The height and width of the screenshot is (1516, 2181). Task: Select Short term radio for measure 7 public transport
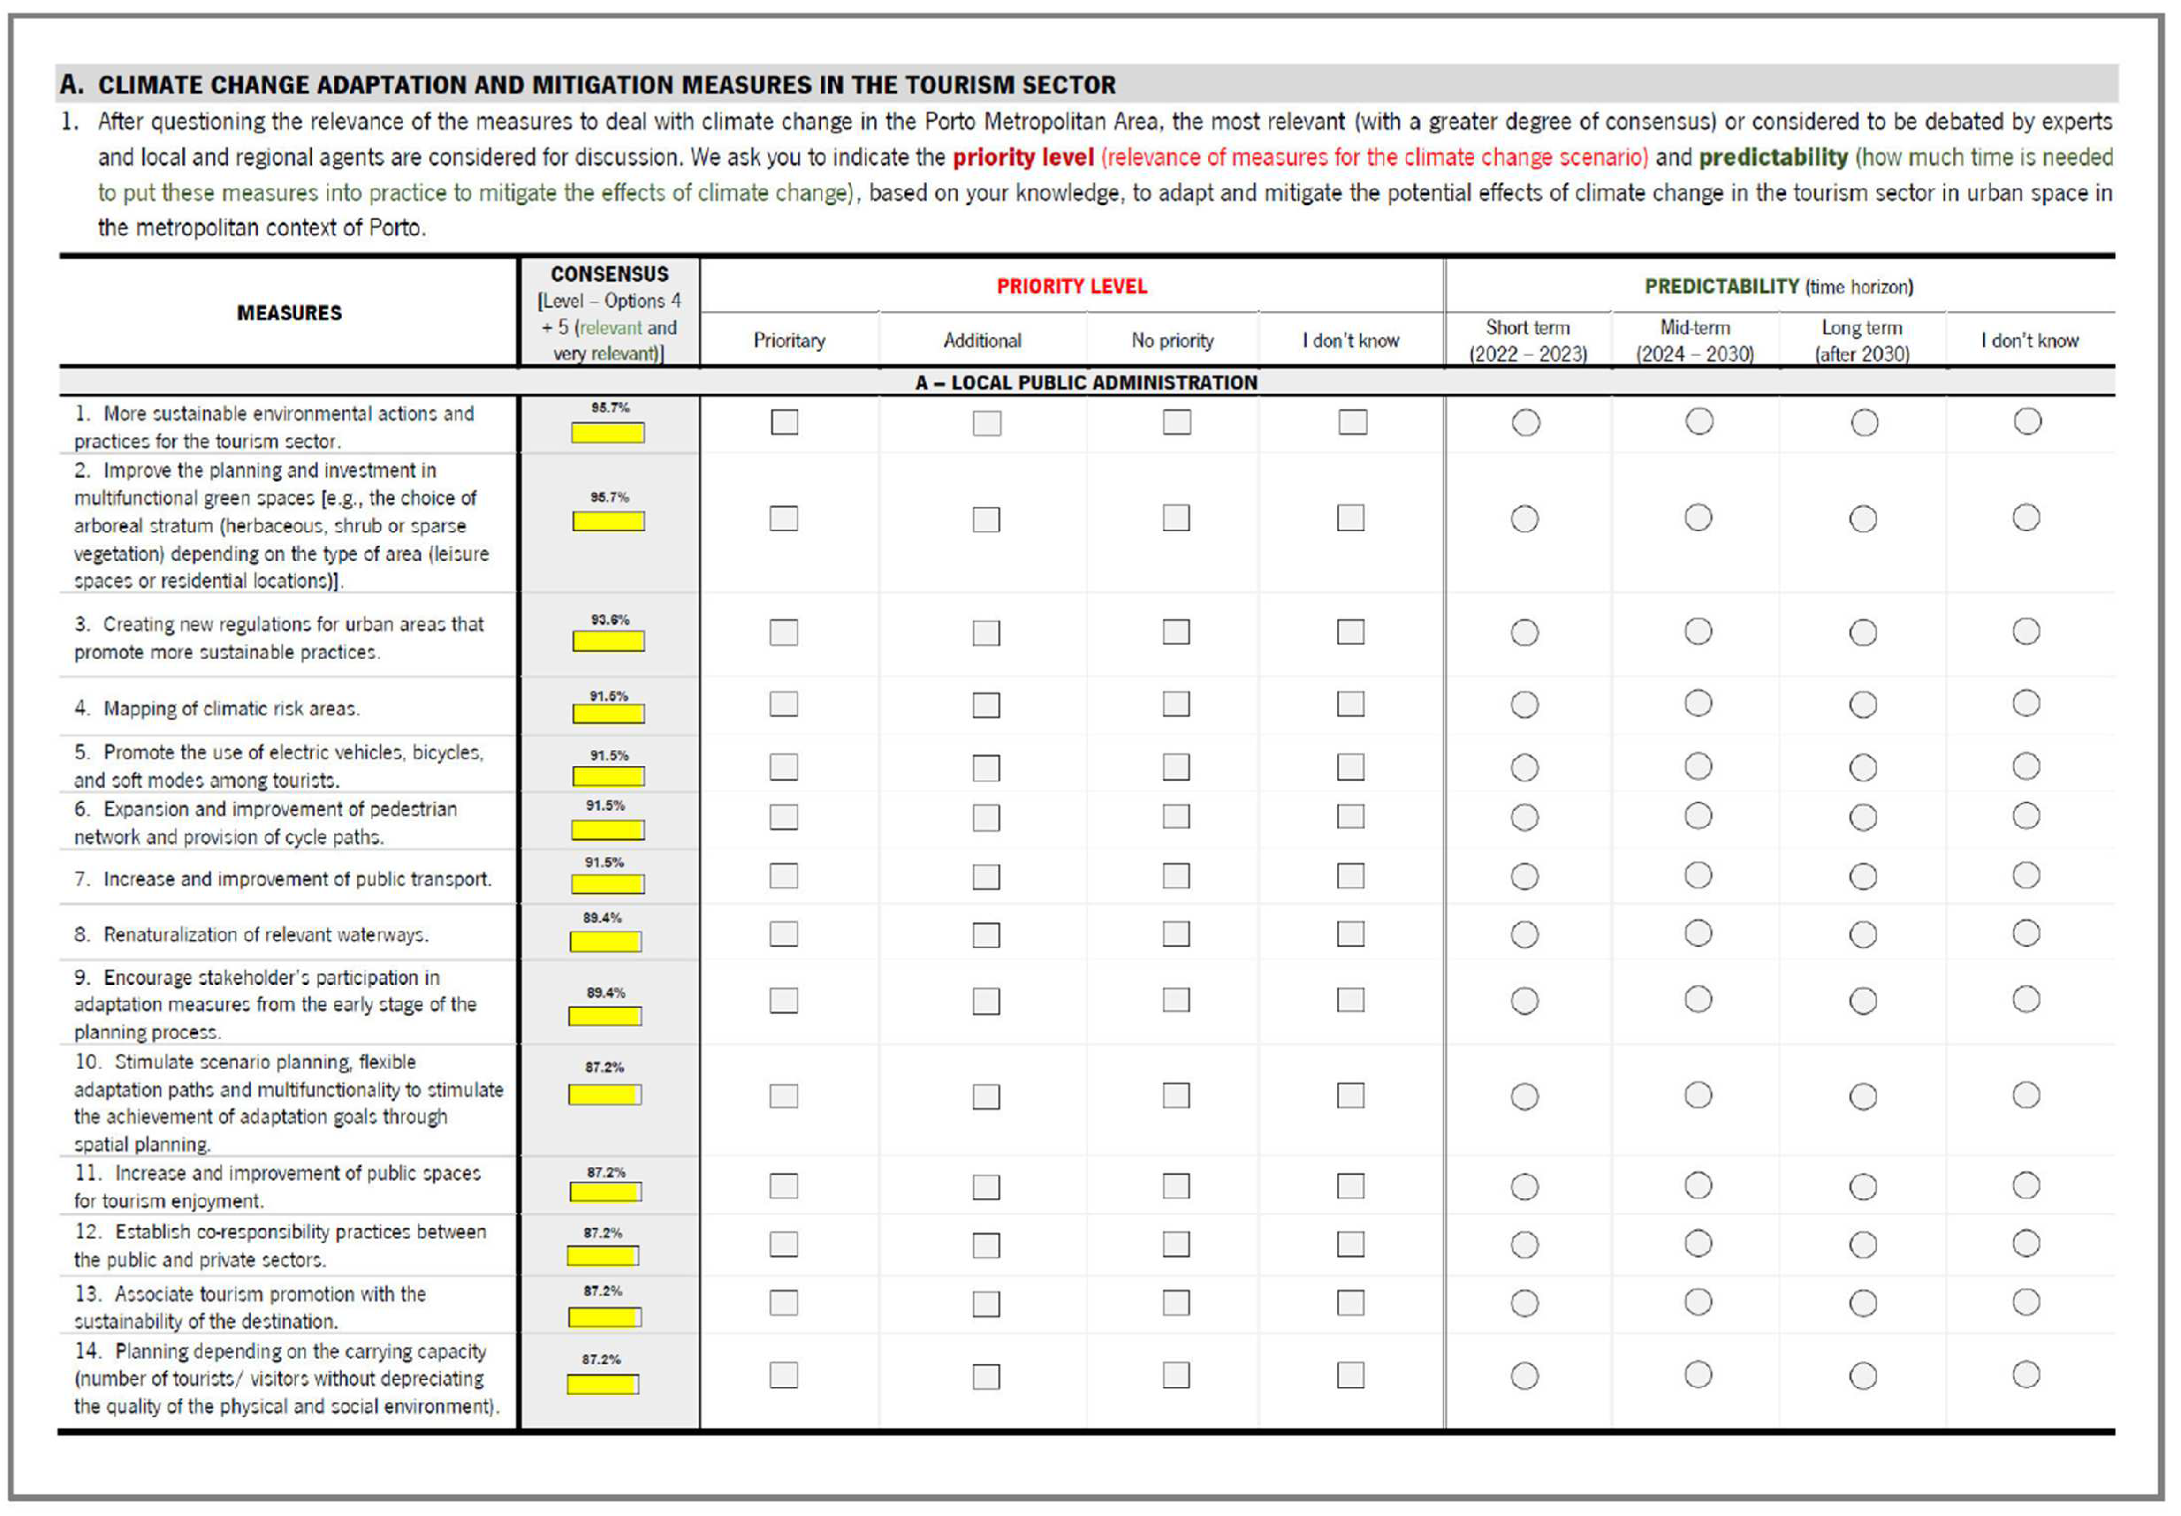tap(1525, 876)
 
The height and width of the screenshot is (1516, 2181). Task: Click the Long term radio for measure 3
tap(1863, 633)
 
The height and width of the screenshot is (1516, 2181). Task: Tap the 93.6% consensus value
tap(609, 619)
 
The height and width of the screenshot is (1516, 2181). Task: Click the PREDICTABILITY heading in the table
tap(1721, 286)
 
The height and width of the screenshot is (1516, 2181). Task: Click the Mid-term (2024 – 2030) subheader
tap(1695, 340)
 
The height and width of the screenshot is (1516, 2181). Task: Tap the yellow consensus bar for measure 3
tap(608, 641)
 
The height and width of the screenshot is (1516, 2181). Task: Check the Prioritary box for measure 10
tap(783, 1096)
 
